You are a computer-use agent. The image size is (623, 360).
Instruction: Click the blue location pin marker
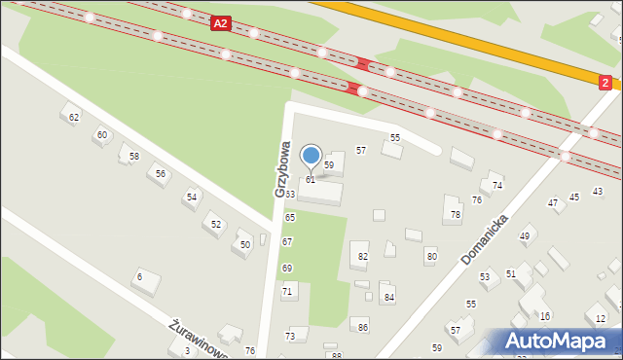(x=311, y=156)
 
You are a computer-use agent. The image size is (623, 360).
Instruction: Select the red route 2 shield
(x=605, y=84)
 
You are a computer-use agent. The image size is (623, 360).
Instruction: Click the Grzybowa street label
(x=283, y=170)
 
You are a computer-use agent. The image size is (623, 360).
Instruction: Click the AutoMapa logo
(x=558, y=341)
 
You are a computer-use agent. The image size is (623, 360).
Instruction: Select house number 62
(x=74, y=118)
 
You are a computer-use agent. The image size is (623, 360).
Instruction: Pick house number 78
(x=455, y=214)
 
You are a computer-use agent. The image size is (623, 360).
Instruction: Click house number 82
(x=363, y=256)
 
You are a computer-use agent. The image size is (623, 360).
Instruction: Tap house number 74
(x=497, y=185)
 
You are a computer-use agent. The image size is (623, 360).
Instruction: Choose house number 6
(x=140, y=277)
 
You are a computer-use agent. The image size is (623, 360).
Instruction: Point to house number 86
(x=363, y=328)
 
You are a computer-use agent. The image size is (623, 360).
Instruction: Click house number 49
(x=525, y=236)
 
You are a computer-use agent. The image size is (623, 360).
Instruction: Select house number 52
(x=214, y=225)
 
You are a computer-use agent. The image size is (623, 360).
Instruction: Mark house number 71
(x=287, y=291)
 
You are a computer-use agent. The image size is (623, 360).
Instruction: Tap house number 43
(x=598, y=192)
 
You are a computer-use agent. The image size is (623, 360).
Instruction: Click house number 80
(x=431, y=256)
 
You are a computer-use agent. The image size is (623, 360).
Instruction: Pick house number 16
(x=545, y=316)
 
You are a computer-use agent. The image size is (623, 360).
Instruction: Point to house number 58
(x=134, y=156)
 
